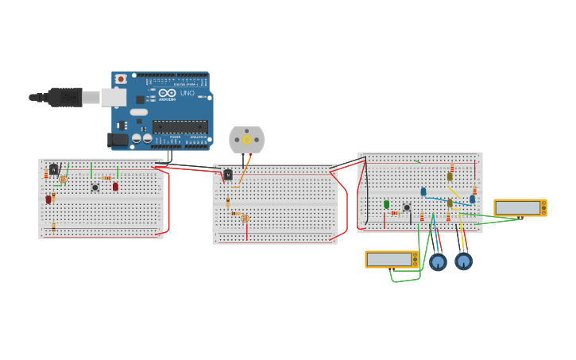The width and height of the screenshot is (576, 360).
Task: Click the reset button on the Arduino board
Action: pos(121,79)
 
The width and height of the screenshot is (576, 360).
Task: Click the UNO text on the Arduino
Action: pos(187,93)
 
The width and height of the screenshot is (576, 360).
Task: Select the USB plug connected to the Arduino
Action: pos(64,97)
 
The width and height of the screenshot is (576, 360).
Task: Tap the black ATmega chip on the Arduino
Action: pos(180,126)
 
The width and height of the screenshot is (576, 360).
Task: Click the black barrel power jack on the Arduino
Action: pos(118,140)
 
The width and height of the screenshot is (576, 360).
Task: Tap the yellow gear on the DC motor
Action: pos(246,140)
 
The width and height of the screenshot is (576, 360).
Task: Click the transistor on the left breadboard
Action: pos(53,168)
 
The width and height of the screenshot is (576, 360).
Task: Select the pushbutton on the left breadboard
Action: pos(95,188)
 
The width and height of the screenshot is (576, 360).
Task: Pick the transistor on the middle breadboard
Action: pos(228,175)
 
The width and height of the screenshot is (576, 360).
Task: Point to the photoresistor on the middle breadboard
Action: pos(245,219)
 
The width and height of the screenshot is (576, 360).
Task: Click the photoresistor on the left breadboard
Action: pos(63,180)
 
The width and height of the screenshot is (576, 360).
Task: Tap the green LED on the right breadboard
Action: pos(387,204)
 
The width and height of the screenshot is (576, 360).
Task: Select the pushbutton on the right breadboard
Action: pos(407,207)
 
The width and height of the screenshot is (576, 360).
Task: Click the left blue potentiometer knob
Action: pos(438,261)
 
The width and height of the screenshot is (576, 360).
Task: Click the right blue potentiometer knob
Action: pos(464,261)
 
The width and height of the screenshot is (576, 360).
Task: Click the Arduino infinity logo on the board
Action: pos(167,93)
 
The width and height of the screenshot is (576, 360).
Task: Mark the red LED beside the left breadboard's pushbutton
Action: pos(115,187)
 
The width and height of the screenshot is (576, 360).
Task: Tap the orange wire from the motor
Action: pos(243,171)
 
